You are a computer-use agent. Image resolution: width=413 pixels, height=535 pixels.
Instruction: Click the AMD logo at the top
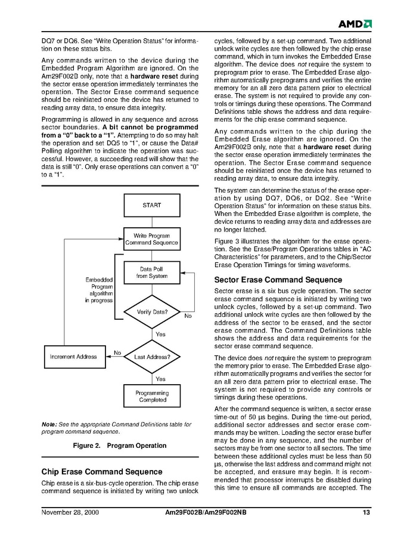point(355,24)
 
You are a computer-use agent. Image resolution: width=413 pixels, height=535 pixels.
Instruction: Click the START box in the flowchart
point(151,205)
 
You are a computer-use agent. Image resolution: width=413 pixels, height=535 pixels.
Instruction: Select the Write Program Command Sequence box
point(151,240)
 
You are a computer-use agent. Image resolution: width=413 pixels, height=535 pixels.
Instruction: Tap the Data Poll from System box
point(151,273)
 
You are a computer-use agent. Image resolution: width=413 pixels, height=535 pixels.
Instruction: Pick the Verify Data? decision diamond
point(152,312)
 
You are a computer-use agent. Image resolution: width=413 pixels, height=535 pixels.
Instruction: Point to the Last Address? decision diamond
point(152,357)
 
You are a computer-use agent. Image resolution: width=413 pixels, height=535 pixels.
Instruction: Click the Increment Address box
point(73,357)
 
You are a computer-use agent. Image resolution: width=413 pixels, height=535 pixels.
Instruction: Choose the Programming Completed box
point(151,397)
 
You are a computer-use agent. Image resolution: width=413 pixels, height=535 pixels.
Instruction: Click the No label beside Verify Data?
point(188,316)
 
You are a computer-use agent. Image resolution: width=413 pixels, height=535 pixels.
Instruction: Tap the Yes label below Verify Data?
point(160,335)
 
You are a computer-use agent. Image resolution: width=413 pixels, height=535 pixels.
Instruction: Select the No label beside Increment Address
point(117,352)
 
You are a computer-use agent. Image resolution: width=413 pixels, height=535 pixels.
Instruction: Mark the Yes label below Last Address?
point(160,379)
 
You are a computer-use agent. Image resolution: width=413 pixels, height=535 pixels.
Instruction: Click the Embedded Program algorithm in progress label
point(98,290)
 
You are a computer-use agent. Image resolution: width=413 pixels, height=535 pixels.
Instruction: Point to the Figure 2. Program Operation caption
point(119,446)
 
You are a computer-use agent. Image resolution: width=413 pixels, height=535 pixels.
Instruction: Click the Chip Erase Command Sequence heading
point(102,472)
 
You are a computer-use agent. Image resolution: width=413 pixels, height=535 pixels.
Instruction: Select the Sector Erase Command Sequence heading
point(278,280)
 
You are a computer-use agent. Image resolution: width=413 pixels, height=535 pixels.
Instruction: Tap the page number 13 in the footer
point(366,513)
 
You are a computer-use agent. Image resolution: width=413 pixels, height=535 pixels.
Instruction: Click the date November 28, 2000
point(70,513)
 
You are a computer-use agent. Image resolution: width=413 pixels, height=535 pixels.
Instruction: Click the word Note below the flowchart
point(49,425)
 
